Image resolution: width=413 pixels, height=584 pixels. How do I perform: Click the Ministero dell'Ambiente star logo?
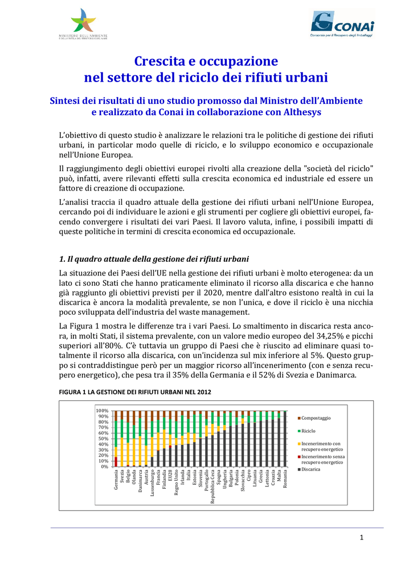84,21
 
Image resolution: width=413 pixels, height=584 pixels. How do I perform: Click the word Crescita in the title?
157,61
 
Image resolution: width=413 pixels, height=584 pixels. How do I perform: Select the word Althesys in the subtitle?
300,112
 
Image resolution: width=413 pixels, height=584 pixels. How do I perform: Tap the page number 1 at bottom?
361,538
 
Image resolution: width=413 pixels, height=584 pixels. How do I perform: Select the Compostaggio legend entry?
316,418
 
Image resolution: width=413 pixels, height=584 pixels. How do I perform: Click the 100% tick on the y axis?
102,411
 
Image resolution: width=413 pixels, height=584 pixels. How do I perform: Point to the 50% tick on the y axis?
103,439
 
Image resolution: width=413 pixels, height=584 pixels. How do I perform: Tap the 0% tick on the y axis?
105,467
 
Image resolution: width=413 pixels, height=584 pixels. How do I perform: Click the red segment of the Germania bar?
116,461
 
